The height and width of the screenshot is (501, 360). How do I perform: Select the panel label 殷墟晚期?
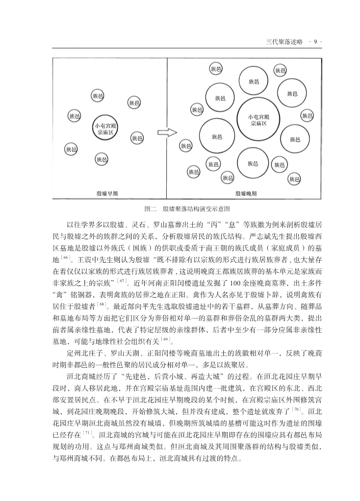click(x=246, y=193)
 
